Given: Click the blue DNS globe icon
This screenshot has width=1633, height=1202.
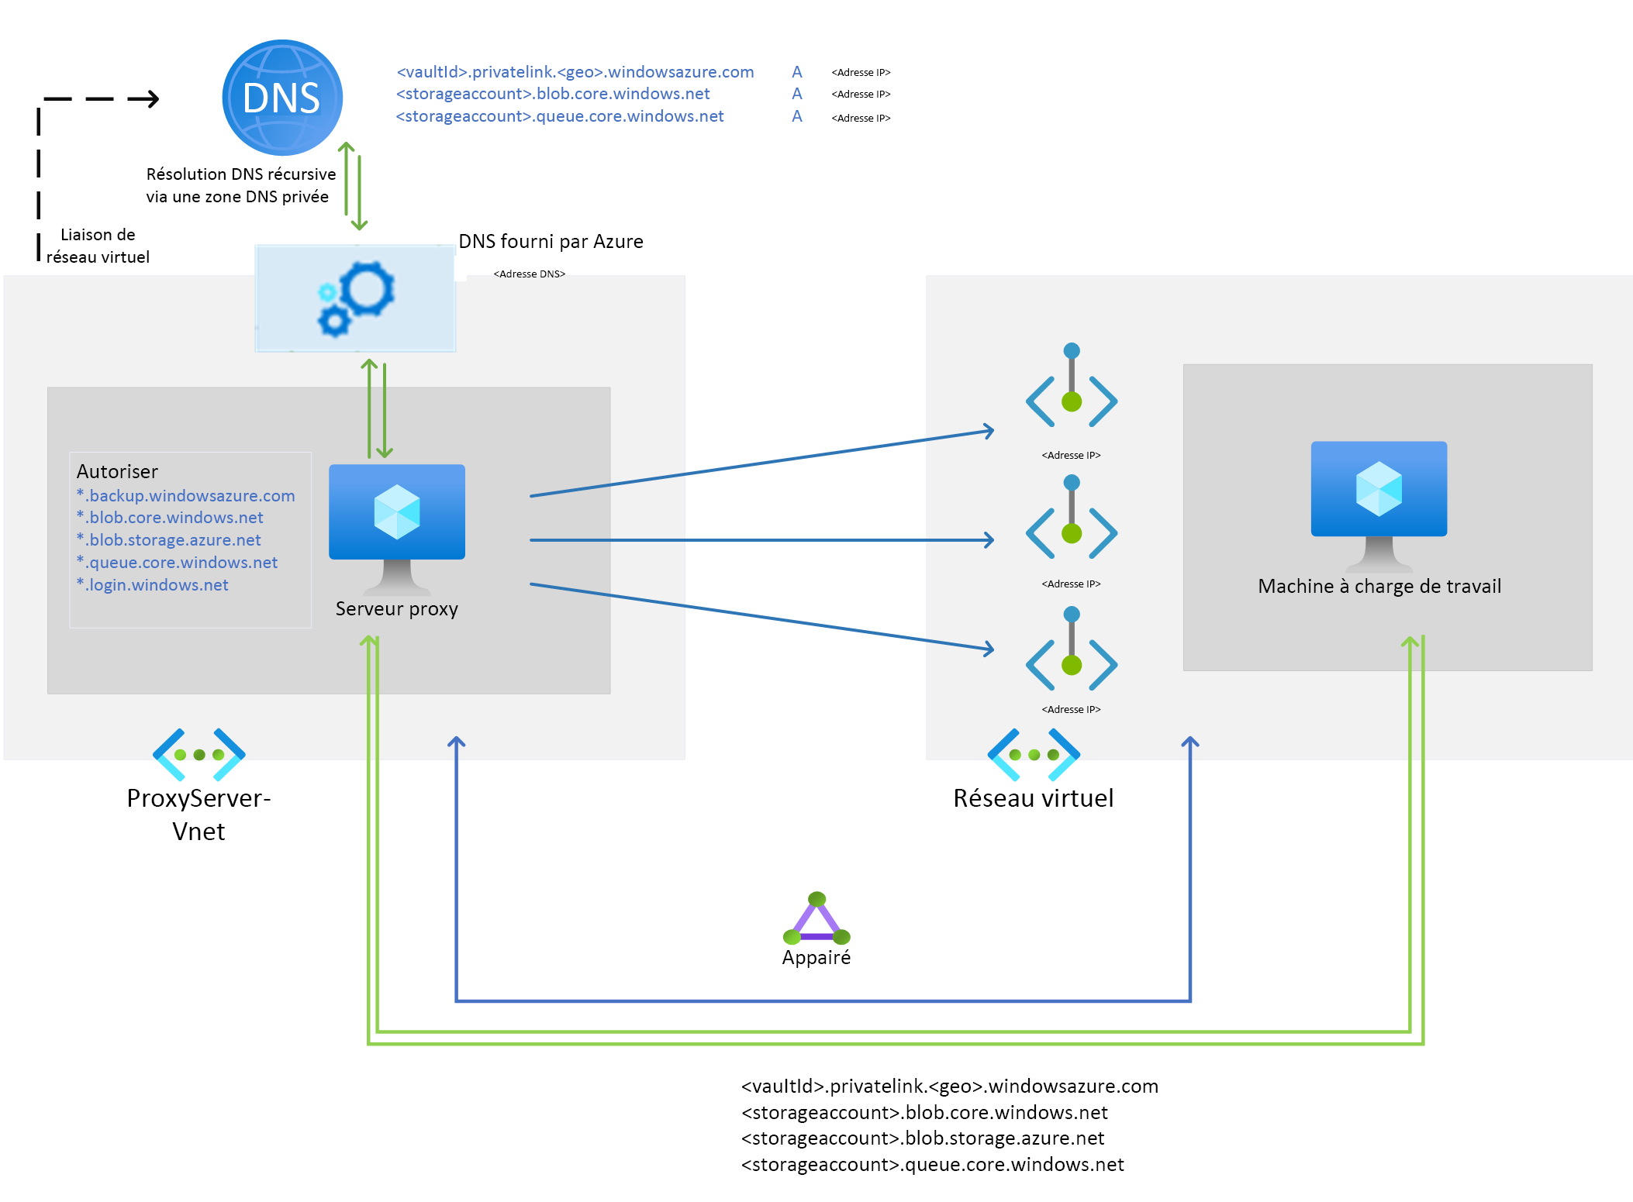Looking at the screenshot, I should (282, 98).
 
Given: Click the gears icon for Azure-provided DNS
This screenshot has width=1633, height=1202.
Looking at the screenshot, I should (356, 299).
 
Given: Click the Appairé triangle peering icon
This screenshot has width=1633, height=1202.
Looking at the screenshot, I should (816, 920).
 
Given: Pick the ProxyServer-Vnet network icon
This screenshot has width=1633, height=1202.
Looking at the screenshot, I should (199, 754).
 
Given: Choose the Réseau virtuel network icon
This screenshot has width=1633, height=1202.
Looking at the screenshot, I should (1034, 754).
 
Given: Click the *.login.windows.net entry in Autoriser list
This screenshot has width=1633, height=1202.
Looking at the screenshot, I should (153, 585).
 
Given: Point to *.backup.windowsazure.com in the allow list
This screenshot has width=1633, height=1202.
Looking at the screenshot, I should (186, 496).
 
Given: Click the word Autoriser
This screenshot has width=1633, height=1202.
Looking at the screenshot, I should (117, 472).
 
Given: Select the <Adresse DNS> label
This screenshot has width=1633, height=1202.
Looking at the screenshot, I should (530, 274).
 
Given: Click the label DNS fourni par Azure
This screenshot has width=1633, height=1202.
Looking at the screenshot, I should (551, 242).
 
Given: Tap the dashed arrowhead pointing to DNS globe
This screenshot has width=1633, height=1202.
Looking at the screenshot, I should (147, 98).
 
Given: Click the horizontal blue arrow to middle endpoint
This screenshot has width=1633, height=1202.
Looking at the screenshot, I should (760, 539).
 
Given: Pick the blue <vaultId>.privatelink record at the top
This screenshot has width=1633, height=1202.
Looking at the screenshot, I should (575, 72).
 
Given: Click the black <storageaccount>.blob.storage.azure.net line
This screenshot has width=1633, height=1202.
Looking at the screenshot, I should (923, 1138).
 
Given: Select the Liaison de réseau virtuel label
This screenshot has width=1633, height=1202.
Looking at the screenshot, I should (98, 246).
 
